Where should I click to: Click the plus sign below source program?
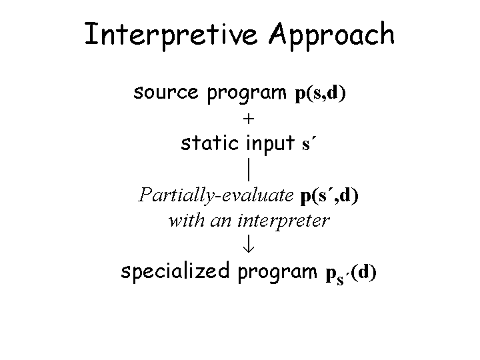249,119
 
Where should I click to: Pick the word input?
270,144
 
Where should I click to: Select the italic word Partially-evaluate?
216,195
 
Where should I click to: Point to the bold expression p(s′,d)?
329,195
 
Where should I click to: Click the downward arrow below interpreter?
248,245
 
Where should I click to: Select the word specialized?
175,272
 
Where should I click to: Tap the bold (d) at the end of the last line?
363,272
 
